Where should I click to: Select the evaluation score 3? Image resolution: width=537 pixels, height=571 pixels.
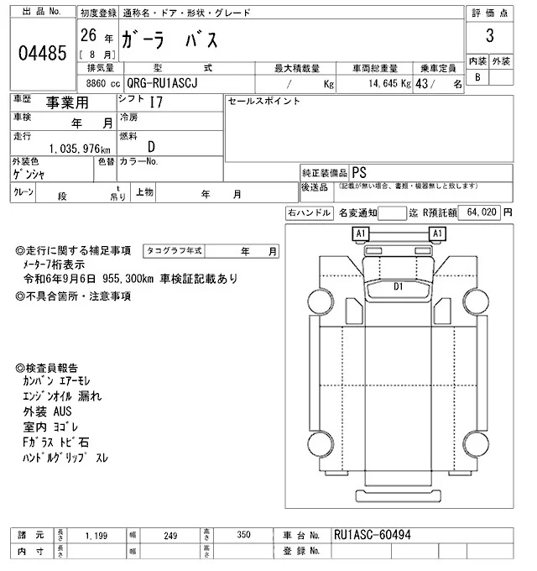click(x=488, y=37)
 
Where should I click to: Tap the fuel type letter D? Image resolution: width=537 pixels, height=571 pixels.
click(x=152, y=146)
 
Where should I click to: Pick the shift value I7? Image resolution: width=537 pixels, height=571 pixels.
click(x=156, y=103)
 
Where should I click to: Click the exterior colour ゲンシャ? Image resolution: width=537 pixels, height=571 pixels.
click(x=28, y=174)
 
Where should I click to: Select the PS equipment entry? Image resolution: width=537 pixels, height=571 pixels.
click(x=359, y=171)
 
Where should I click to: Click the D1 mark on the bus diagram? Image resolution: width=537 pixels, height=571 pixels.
click(x=399, y=286)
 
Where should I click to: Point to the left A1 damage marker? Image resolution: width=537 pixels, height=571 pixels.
click(x=361, y=233)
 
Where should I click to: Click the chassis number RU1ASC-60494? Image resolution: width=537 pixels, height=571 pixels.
click(x=373, y=534)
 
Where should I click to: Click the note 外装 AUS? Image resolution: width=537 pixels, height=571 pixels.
click(x=49, y=412)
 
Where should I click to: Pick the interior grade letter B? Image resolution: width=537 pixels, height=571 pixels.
click(x=477, y=77)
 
